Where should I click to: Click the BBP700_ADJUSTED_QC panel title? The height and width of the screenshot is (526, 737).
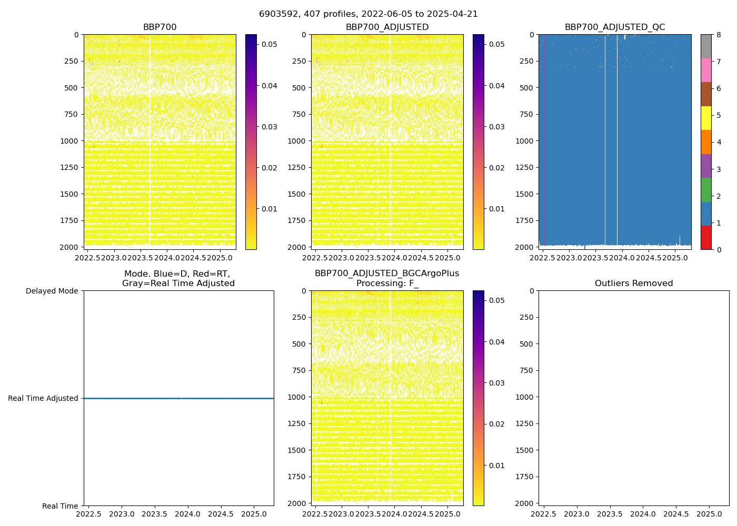click(x=615, y=27)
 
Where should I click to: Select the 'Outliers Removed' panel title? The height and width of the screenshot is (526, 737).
click(x=634, y=284)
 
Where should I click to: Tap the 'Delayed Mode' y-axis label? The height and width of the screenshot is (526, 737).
click(x=52, y=291)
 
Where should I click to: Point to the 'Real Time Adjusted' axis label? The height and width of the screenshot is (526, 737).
click(x=43, y=398)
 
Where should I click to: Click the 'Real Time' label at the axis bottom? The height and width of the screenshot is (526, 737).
click(x=60, y=506)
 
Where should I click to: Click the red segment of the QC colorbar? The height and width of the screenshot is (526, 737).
click(x=706, y=238)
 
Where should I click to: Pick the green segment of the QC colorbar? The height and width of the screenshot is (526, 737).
click(x=706, y=190)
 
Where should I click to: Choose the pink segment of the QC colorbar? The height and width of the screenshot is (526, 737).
click(x=706, y=70)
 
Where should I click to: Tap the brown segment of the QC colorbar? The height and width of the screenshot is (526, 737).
click(x=706, y=94)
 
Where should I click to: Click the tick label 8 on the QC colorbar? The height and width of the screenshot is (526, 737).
click(x=718, y=35)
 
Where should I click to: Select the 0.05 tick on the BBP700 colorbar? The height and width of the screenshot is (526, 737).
click(x=270, y=44)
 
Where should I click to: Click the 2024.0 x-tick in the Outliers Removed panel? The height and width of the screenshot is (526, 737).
click(x=643, y=513)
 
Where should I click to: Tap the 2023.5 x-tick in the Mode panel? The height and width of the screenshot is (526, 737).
click(x=155, y=513)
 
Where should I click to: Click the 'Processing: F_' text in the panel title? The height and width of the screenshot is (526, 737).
click(x=387, y=284)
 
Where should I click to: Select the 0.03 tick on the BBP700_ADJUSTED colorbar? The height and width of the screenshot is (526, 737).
click(x=497, y=127)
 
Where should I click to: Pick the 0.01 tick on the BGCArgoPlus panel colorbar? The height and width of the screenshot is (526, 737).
click(x=497, y=466)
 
